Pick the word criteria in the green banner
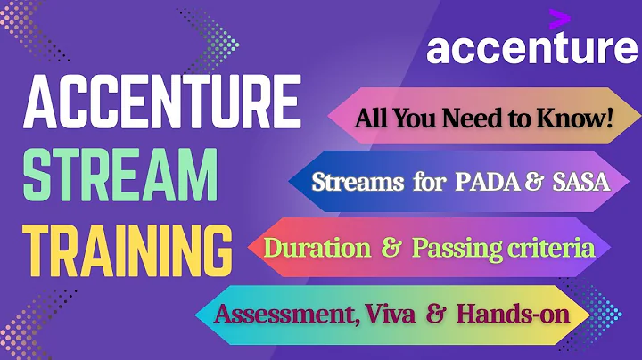pyautogui.click(x=558, y=248)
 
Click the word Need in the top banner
pyautogui.click(x=469, y=117)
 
